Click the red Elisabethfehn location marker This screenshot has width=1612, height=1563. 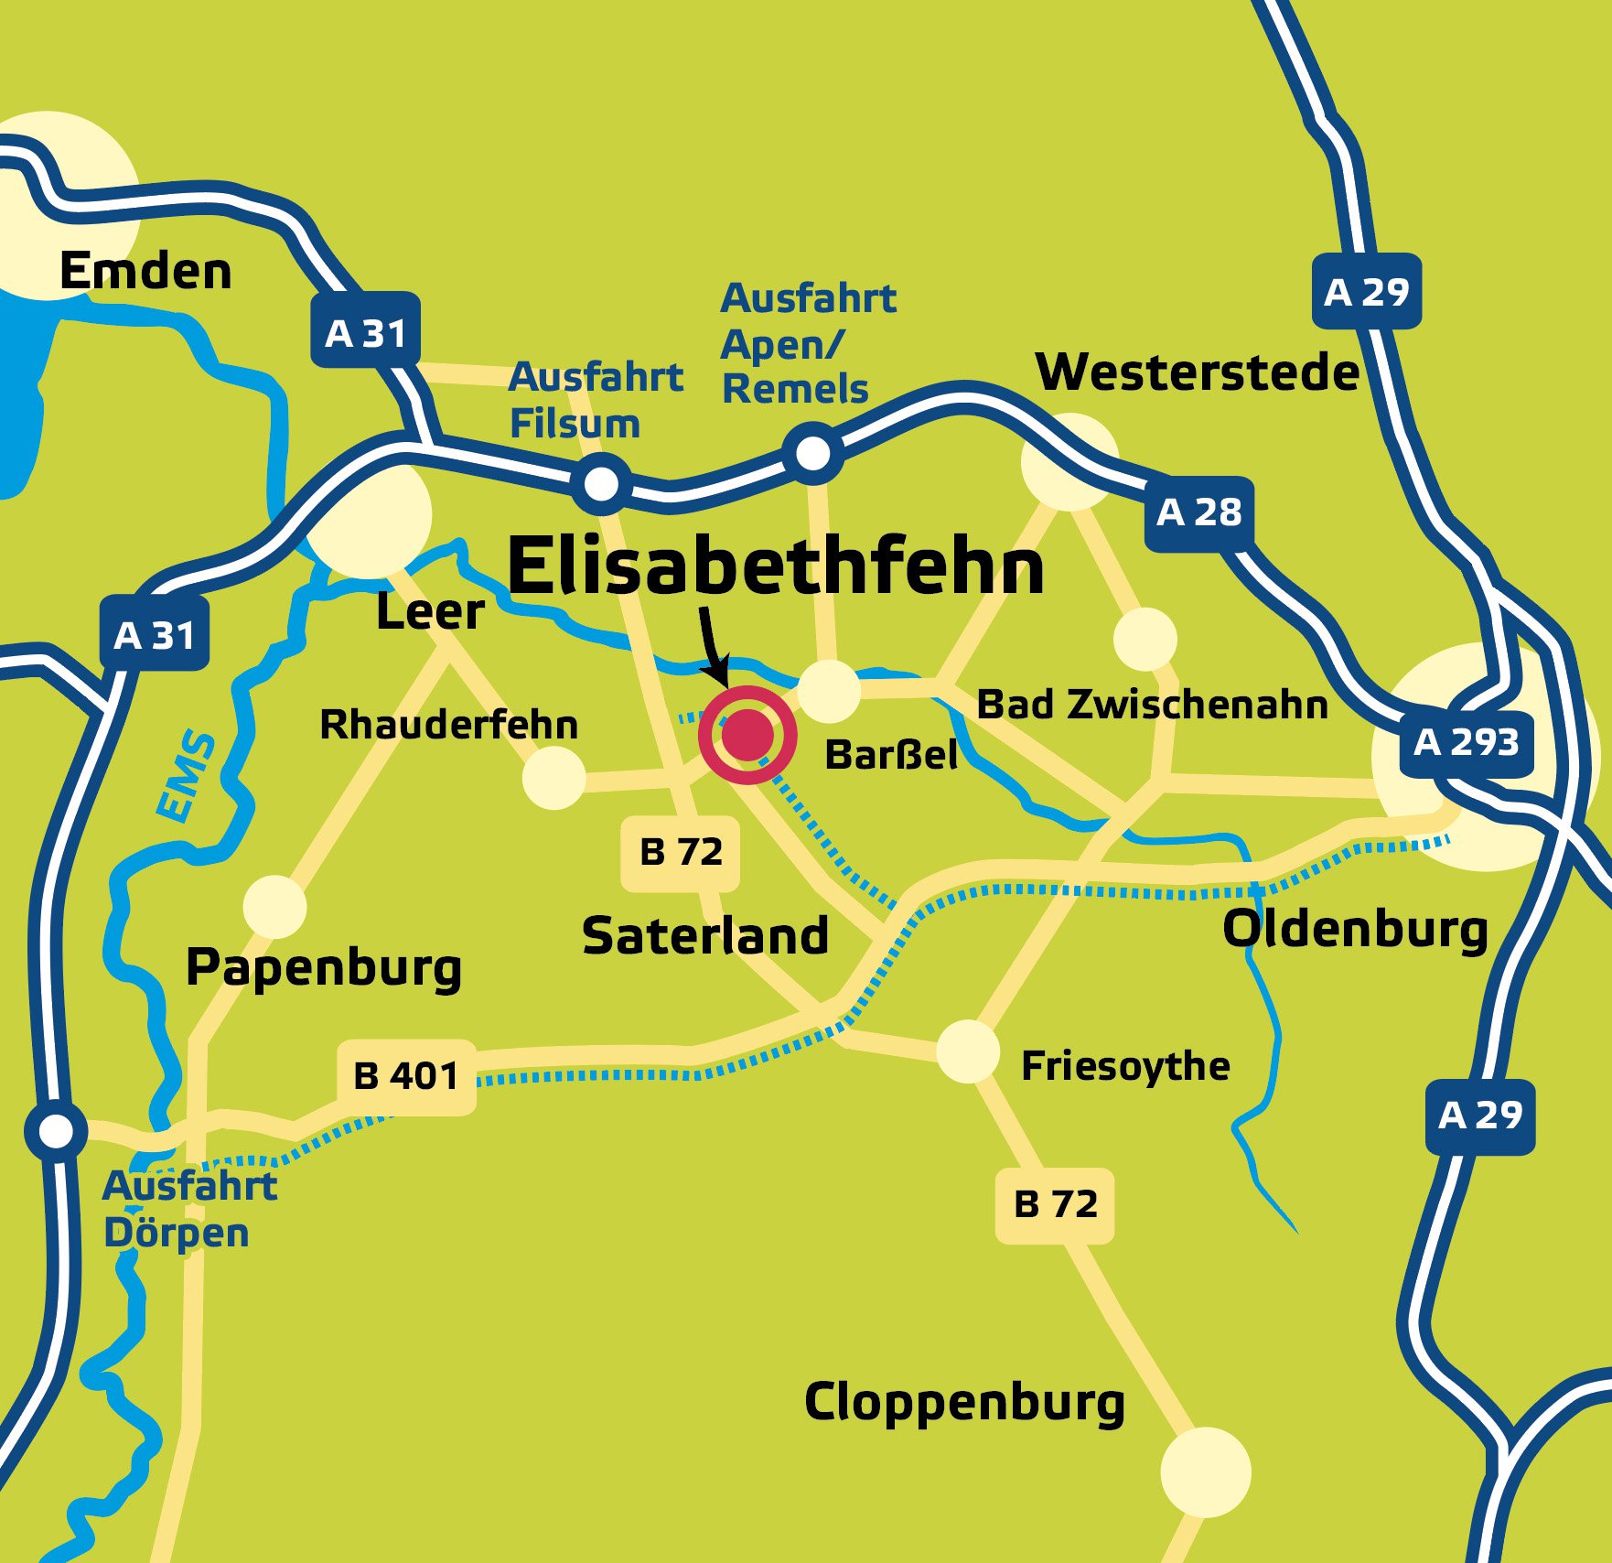(747, 735)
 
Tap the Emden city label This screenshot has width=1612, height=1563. (145, 272)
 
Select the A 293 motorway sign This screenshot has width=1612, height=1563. (1466, 742)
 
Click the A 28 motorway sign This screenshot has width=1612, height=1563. (1198, 513)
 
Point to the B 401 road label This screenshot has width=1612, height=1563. (406, 1076)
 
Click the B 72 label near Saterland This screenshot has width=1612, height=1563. (680, 853)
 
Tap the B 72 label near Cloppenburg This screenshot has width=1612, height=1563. (1055, 1204)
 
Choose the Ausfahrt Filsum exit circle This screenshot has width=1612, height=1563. (601, 483)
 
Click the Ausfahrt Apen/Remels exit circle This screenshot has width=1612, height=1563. (812, 452)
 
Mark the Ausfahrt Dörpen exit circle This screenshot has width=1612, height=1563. (56, 1131)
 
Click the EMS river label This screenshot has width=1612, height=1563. (186, 776)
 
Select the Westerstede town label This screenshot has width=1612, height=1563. (1197, 372)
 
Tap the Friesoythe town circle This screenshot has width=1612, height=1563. (967, 1051)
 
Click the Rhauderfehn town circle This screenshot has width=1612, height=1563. (553, 778)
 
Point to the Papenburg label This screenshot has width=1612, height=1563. (324, 968)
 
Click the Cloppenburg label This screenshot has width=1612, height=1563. (964, 1403)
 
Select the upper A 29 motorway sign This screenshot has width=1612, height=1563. (1366, 292)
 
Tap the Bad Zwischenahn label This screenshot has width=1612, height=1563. (1152, 705)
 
